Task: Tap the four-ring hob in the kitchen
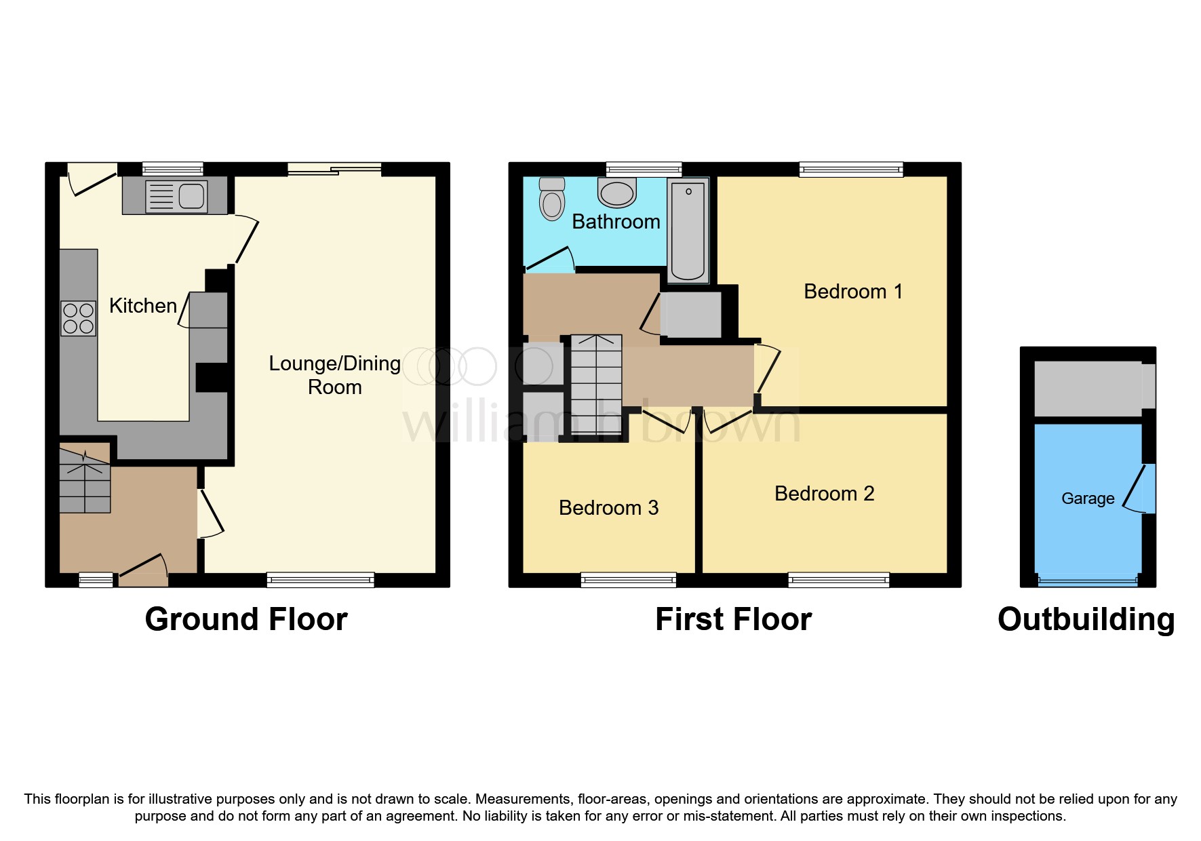coord(78,319)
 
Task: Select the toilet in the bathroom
coord(552,199)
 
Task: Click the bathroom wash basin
coord(616,192)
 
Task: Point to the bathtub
coord(688,231)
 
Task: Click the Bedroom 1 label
coord(852,292)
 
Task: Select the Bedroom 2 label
coord(824,494)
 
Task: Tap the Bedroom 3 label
coord(608,508)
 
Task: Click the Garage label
coord(1087,498)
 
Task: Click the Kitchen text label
coord(143,306)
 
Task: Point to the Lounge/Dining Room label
coord(334,375)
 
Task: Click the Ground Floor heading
coord(246,619)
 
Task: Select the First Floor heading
coord(733,619)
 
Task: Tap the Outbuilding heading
coord(1086,619)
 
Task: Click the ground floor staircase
coord(85,479)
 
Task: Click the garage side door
coord(1138,488)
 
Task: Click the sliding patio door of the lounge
coord(334,170)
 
